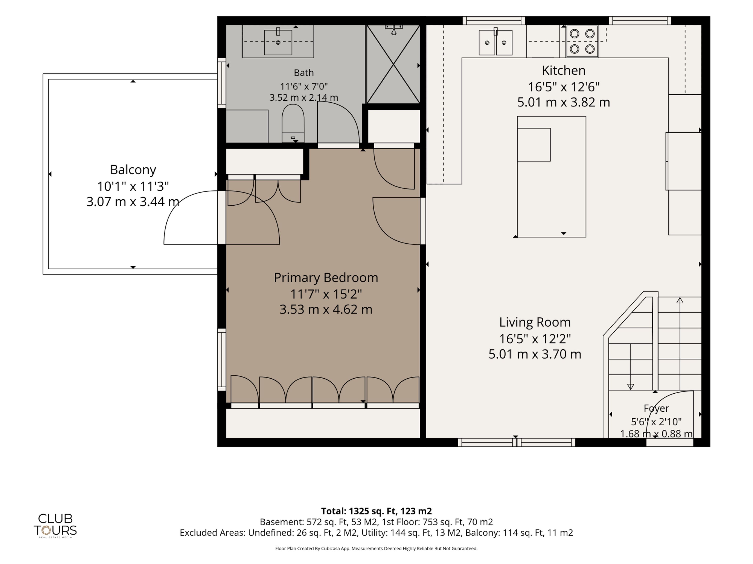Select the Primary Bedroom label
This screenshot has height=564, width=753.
click(x=326, y=278)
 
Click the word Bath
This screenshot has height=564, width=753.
click(x=304, y=73)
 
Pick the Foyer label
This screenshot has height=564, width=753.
click(x=656, y=408)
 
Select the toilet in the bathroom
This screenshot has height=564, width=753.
click(x=293, y=123)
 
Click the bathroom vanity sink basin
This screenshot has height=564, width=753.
click(x=278, y=42)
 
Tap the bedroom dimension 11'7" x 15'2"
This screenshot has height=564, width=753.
click(x=326, y=294)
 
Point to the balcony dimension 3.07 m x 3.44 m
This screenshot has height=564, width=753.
click(x=133, y=202)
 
